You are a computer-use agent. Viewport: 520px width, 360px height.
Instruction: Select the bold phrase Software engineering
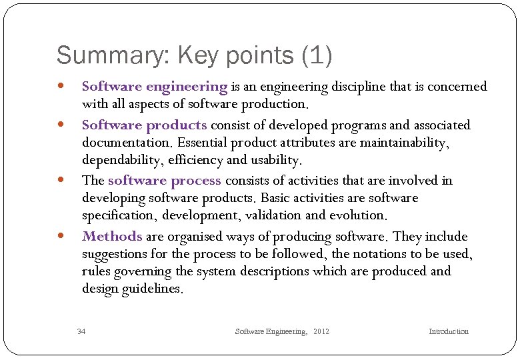(155, 87)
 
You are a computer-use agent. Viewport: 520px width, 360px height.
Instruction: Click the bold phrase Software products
(144, 125)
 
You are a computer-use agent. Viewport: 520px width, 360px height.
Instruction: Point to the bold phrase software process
(164, 181)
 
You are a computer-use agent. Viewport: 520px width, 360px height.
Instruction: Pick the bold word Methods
(112, 237)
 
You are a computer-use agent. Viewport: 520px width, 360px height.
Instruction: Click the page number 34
(81, 331)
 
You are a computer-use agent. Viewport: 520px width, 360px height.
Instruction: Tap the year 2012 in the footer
(321, 331)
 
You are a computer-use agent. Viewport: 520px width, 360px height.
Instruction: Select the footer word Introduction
(448, 331)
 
